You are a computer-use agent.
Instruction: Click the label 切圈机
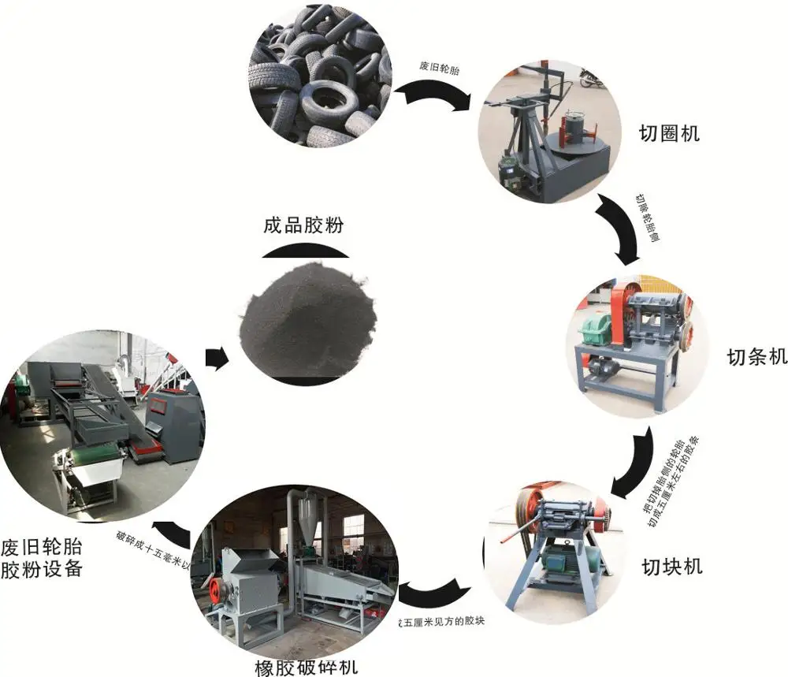(670, 133)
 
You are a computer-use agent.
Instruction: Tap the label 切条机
(756, 357)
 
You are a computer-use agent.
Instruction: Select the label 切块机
(672, 565)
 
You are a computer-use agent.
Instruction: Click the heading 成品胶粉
(304, 226)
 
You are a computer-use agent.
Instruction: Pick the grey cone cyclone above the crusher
(311, 524)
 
